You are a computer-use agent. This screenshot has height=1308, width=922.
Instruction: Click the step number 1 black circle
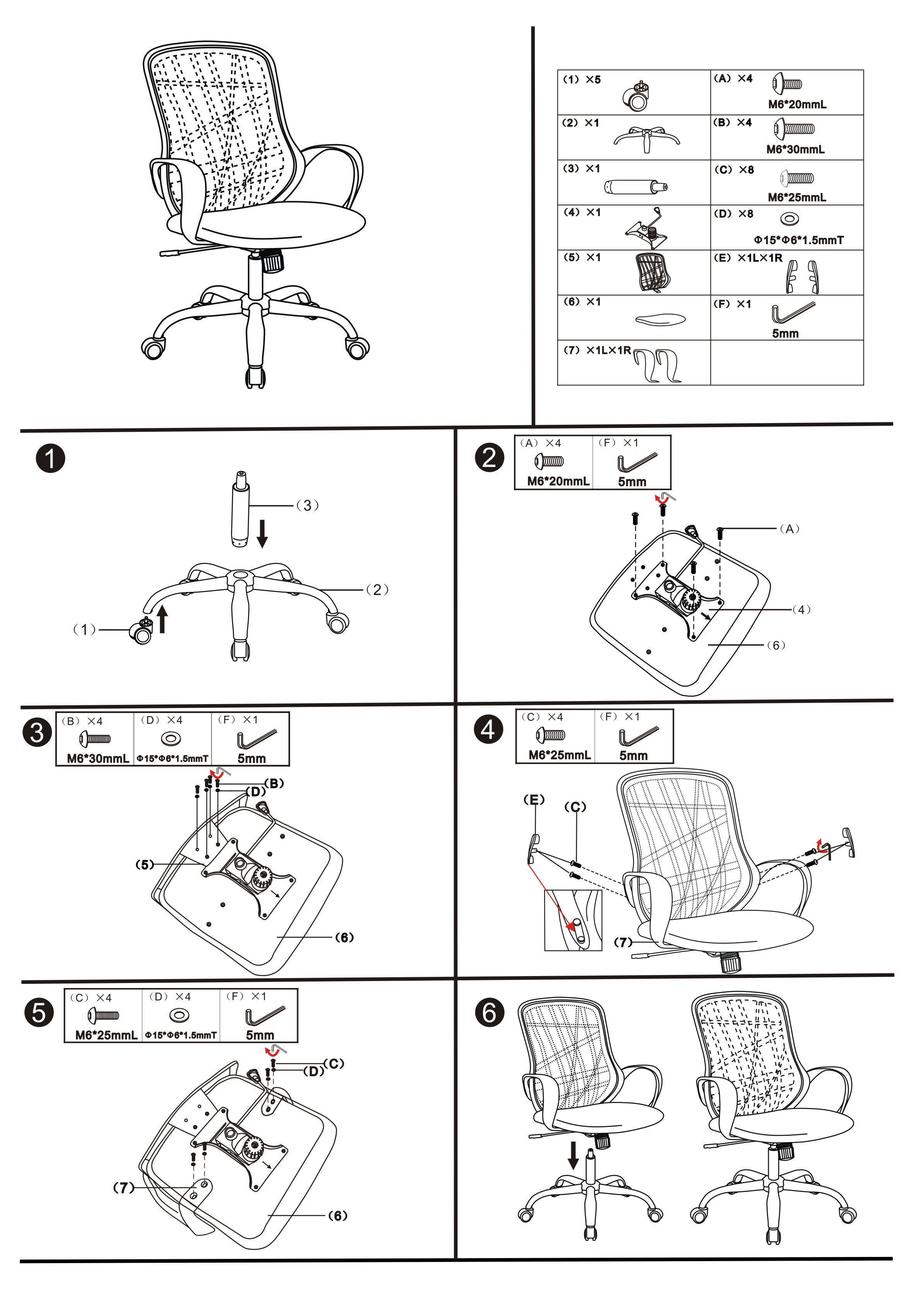pyautogui.click(x=50, y=458)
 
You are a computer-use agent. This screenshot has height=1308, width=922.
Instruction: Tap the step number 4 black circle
pyautogui.click(x=488, y=729)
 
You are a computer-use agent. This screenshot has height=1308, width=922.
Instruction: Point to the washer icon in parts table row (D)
pyautogui.click(x=790, y=218)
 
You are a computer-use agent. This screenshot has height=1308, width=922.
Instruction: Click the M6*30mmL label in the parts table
pyautogui.click(x=795, y=150)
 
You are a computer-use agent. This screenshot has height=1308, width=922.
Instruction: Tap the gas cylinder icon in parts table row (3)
pyautogui.click(x=635, y=187)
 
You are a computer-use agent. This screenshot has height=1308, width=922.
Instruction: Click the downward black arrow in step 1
pyautogui.click(x=262, y=533)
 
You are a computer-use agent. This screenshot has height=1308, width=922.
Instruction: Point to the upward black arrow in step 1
pyautogui.click(x=162, y=619)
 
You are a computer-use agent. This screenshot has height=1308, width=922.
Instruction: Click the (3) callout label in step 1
pyautogui.click(x=307, y=505)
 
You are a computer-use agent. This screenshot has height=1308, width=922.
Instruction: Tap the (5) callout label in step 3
pyautogui.click(x=145, y=865)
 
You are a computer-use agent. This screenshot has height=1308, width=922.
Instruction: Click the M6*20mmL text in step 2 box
pyautogui.click(x=558, y=481)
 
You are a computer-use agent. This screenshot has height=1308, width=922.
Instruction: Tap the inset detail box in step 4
pyautogui.click(x=573, y=921)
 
